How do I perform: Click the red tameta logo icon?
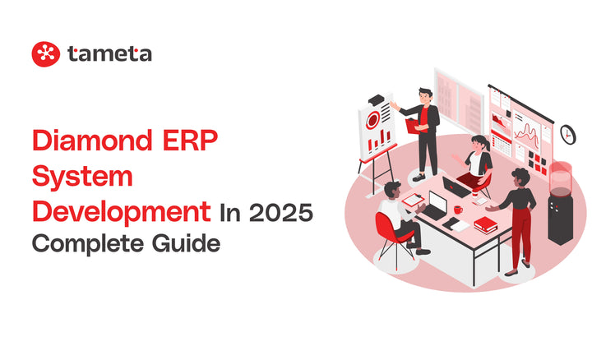tap(46, 54)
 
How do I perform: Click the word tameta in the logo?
tap(110, 54)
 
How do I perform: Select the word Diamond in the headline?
tap(90, 142)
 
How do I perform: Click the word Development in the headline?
tap(120, 211)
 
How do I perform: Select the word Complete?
tap(87, 244)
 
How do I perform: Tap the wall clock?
tap(567, 133)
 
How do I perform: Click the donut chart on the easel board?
tap(375, 120)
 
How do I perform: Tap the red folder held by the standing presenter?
tap(412, 125)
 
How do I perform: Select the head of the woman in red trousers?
tap(520, 177)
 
